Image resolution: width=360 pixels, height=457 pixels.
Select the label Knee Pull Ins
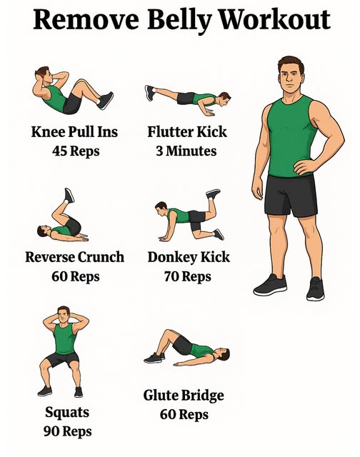(74, 132)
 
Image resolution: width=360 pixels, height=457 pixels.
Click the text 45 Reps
(76, 151)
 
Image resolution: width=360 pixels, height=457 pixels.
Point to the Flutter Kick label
(187, 131)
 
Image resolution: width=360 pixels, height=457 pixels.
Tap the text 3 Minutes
(186, 151)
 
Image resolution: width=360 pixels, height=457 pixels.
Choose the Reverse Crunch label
(74, 257)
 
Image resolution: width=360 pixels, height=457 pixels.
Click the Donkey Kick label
(189, 257)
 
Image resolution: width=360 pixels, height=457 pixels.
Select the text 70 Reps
(187, 276)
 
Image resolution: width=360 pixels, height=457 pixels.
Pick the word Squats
(67, 413)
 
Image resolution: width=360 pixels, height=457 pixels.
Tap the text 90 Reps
(68, 431)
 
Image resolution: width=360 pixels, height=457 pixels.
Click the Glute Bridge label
(184, 396)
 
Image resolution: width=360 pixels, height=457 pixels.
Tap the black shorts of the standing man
(290, 195)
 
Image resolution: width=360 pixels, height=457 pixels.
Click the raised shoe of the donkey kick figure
(213, 194)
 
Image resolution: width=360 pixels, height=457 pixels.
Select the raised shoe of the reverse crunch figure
(69, 196)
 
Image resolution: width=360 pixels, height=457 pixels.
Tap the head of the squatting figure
(64, 315)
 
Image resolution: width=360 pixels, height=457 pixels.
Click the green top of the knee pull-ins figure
(56, 99)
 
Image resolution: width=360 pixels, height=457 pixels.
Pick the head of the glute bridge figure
(223, 354)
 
